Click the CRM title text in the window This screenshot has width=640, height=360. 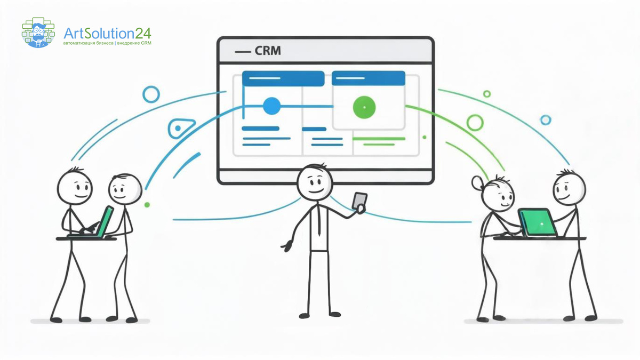268,52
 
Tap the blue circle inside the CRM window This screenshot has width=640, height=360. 271,106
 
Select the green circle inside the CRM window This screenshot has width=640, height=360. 364,107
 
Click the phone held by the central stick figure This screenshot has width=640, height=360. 361,202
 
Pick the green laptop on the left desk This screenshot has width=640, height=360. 107,220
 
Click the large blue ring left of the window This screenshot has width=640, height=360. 151,94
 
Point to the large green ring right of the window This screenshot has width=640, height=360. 474,123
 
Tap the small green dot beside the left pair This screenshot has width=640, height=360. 147,204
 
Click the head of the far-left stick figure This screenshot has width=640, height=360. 75,187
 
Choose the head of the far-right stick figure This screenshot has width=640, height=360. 569,188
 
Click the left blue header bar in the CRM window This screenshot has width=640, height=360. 283,78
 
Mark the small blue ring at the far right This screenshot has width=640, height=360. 545,120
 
